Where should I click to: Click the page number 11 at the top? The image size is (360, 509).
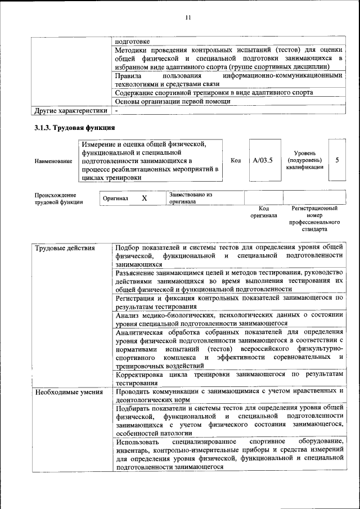[188, 18]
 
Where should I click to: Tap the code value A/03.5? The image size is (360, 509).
[263, 160]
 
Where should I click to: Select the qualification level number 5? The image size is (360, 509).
[337, 160]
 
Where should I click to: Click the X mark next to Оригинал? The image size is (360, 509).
[144, 199]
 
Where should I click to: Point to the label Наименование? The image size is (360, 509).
[53, 161]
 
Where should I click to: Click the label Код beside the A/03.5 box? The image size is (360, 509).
[236, 161]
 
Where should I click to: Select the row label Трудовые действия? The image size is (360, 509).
[65, 248]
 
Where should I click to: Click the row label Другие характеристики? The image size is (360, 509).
[70, 110]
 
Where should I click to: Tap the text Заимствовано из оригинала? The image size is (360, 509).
[190, 198]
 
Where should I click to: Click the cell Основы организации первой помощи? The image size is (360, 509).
[172, 102]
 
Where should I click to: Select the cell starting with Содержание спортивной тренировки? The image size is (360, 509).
[214, 93]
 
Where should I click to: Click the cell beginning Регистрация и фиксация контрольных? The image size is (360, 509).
[228, 302]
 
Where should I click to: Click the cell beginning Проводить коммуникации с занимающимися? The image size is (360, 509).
[228, 395]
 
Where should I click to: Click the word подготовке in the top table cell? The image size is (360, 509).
[132, 41]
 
